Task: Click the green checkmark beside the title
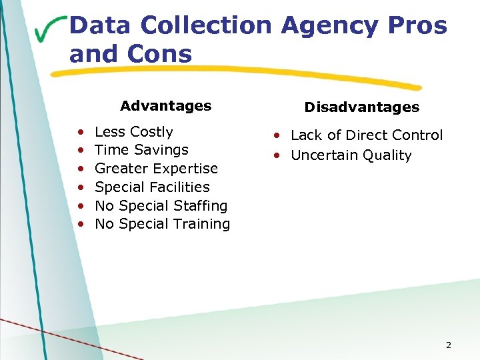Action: tap(50, 29)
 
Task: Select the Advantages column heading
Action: tap(165, 105)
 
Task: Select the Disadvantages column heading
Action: tap(361, 107)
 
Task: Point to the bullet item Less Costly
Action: tap(133, 132)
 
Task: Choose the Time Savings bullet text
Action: tap(141, 150)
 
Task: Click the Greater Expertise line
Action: tap(156, 169)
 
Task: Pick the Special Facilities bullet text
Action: tap(152, 187)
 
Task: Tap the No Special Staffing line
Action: tap(161, 205)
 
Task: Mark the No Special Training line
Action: tap(162, 224)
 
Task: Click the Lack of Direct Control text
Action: tap(366, 135)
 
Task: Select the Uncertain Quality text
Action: tap(351, 155)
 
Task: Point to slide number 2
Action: tap(448, 345)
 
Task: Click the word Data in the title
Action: tap(99, 26)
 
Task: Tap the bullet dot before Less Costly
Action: tap(80, 133)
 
